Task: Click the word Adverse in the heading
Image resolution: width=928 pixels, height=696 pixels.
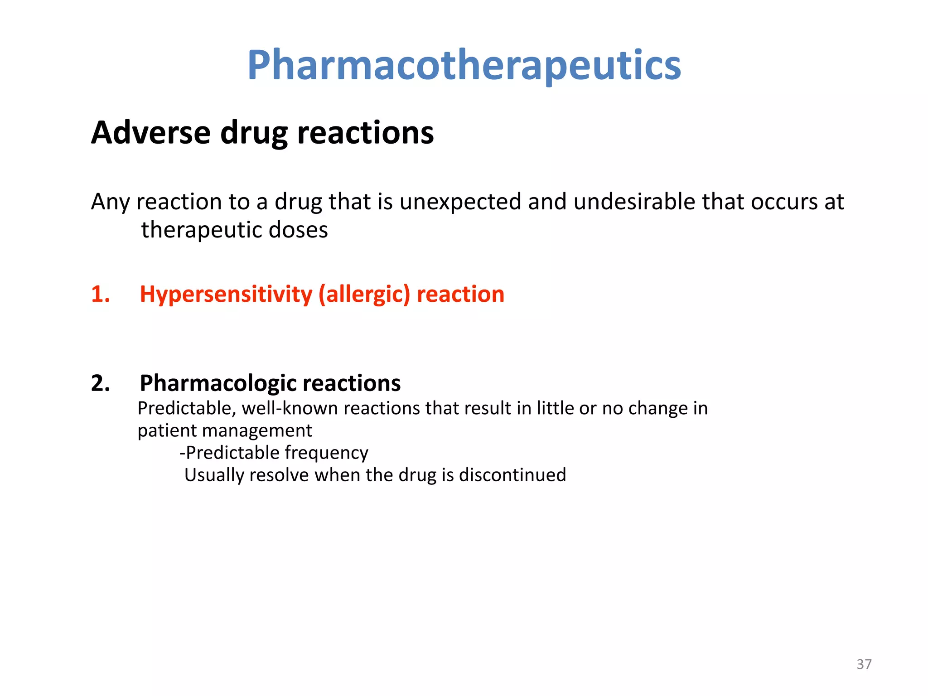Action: click(151, 133)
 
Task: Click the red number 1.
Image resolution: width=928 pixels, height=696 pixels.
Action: click(100, 294)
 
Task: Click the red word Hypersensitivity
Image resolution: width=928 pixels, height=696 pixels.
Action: click(226, 295)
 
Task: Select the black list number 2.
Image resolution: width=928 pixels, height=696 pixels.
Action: click(100, 383)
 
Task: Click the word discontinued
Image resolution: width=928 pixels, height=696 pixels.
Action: click(512, 475)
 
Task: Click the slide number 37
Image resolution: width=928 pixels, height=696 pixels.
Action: click(864, 664)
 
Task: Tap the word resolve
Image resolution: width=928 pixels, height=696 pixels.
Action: click(279, 475)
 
